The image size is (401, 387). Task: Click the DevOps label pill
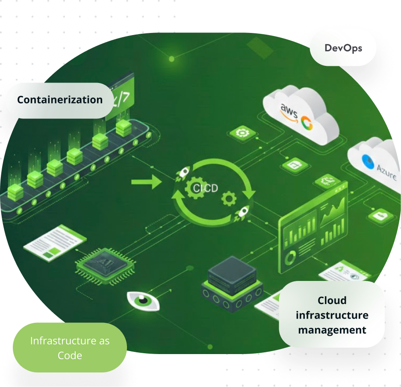[x=343, y=47]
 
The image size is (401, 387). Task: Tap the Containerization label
[x=59, y=100]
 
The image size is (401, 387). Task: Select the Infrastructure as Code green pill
[x=70, y=348]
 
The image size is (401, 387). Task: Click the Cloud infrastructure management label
[x=332, y=315]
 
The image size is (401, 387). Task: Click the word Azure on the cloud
[x=386, y=171]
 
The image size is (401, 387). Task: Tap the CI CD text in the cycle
[x=205, y=188]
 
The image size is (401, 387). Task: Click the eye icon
[x=143, y=301]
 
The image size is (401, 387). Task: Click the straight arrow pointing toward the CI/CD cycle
[x=146, y=183]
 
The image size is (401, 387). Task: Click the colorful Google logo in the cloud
[x=307, y=123]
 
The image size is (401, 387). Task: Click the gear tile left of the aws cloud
[x=243, y=133]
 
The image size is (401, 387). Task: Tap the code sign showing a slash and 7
[x=120, y=96]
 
